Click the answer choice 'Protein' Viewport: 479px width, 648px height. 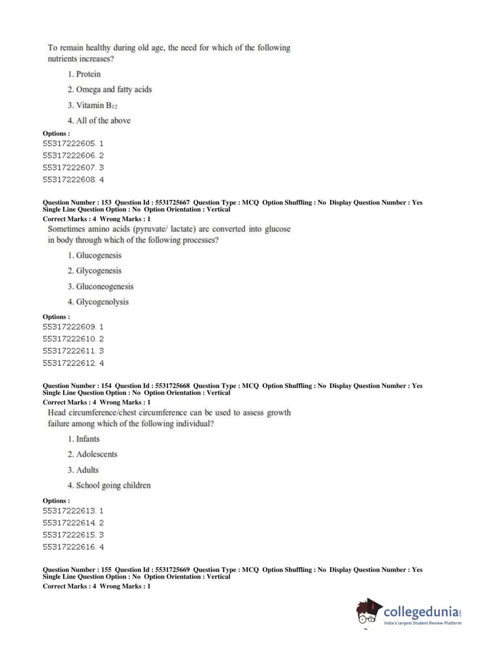point(88,74)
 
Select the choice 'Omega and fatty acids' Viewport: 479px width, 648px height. point(113,89)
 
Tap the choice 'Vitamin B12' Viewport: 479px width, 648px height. point(96,105)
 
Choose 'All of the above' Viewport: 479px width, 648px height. point(103,120)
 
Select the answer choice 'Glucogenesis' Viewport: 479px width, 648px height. point(99,255)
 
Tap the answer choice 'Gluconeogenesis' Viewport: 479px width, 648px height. point(104,286)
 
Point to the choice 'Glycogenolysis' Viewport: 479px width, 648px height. point(102,302)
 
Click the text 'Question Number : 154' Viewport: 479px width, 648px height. point(77,386)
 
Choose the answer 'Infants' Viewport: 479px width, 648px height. point(88,439)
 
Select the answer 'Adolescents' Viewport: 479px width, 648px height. point(96,454)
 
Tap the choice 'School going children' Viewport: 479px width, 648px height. point(113,485)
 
